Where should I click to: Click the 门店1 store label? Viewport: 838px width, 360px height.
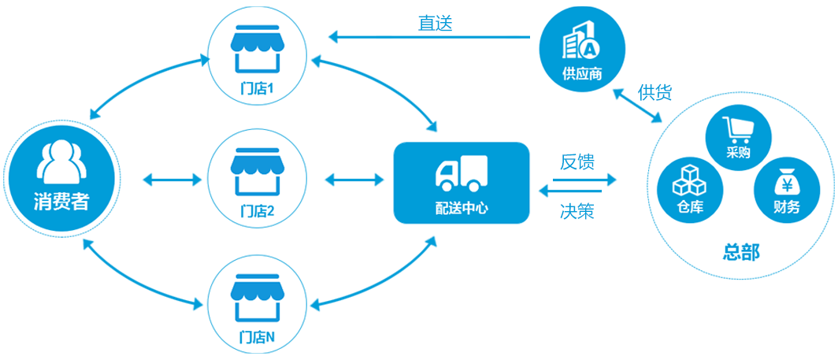tap(256, 88)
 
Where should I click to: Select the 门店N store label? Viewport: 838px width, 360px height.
tap(256, 337)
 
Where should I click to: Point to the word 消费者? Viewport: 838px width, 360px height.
tap(61, 202)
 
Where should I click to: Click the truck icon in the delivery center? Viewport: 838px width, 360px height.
tap(461, 173)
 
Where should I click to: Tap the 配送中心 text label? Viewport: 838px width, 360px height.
tap(461, 208)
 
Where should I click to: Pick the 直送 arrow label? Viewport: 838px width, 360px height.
tap(435, 23)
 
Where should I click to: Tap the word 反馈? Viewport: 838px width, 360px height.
tap(577, 162)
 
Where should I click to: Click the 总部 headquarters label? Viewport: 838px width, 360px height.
tap(741, 252)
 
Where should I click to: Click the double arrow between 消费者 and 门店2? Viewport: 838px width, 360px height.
tap(172, 180)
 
